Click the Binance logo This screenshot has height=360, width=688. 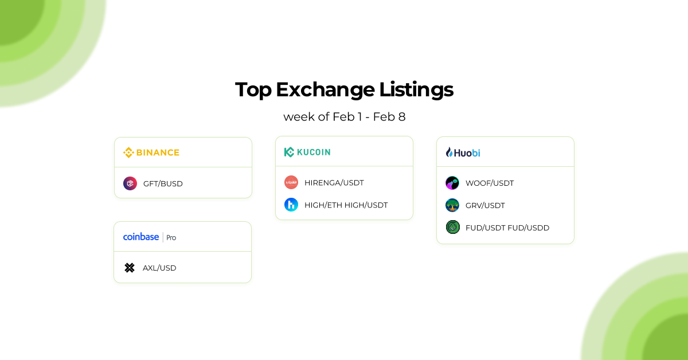coord(151,152)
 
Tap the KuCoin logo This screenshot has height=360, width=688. coord(307,152)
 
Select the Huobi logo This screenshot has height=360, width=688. coord(463,152)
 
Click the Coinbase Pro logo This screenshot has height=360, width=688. coord(150,237)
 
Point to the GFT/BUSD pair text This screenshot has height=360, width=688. coord(163,184)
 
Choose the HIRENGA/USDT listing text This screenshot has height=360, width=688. coord(334,183)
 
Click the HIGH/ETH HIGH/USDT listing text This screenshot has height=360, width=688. coord(346,205)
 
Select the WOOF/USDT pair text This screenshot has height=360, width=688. coord(489,183)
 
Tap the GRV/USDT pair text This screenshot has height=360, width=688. coord(485,205)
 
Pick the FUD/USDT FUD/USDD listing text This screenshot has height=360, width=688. coord(507,228)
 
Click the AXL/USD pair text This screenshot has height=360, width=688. coord(159,268)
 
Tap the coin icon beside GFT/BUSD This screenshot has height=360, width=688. coord(130,183)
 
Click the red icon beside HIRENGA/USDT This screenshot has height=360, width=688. coord(291,182)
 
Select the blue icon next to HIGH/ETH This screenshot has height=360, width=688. coord(291,205)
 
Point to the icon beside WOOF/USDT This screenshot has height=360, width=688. coord(452,183)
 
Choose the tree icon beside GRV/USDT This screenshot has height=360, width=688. coord(452,205)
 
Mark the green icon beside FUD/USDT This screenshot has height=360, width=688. coord(452,227)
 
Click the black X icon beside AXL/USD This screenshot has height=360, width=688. coord(130,268)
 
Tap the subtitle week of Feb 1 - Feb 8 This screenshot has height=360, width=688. coord(344,117)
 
